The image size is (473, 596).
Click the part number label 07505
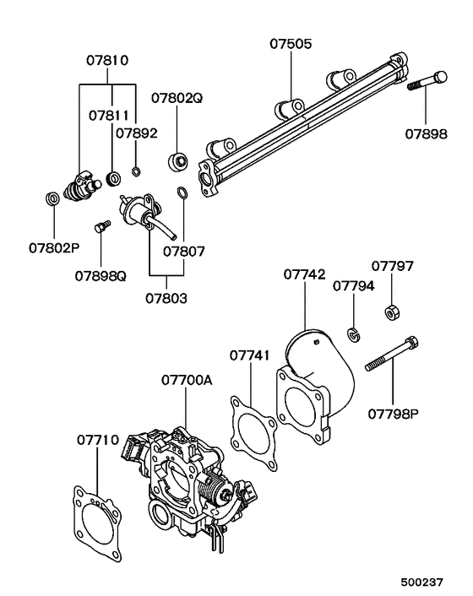pos(291,44)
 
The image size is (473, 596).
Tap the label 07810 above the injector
pos(107,61)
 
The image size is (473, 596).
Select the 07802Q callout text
pos(177,98)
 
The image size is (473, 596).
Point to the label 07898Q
pos(101,276)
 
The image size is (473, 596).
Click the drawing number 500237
pos(422,582)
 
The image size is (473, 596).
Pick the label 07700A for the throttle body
pos(187,380)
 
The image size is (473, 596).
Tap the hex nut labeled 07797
pos(393,312)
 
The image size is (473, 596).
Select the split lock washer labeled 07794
pos(354,334)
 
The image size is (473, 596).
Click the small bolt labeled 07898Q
pos(102,225)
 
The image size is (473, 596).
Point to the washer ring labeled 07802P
pos(53,198)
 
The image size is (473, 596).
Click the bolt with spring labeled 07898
pos(427,80)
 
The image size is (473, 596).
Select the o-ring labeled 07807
pos(183,192)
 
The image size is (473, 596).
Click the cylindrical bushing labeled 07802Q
pos(177,161)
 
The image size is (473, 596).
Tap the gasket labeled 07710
pos(97,523)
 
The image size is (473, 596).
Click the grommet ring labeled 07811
pos(113,178)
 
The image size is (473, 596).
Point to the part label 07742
pos(305,274)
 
